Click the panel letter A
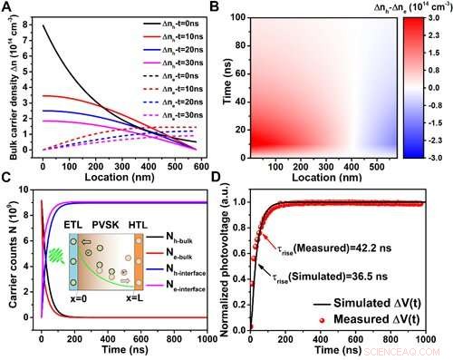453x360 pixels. coord(7,7)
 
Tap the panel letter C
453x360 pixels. coord(7,186)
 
